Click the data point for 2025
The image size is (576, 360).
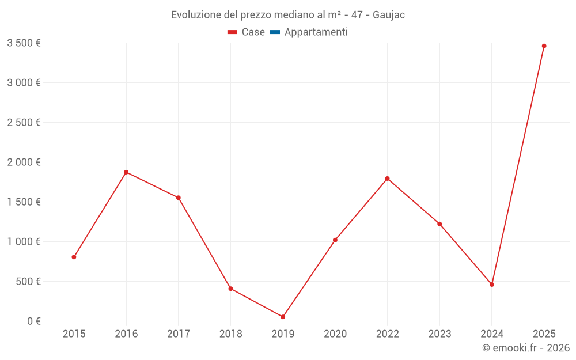click(x=544, y=46)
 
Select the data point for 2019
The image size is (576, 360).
click(x=283, y=317)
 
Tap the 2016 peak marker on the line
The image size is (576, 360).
click(x=126, y=172)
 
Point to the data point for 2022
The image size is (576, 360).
click(x=387, y=179)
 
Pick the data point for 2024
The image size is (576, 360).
click(x=492, y=285)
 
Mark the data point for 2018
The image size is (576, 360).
click(x=230, y=289)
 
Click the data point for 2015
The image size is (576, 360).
click(x=74, y=257)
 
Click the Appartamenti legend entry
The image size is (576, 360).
click(x=316, y=32)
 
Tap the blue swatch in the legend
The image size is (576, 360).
click(x=275, y=32)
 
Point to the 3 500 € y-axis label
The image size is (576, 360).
click(x=24, y=43)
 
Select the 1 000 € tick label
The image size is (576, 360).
click(x=24, y=242)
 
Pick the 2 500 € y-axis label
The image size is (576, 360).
click(x=24, y=123)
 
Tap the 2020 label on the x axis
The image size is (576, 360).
click(x=335, y=334)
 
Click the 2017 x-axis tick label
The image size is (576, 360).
click(x=179, y=334)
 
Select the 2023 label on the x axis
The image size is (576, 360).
click(x=439, y=334)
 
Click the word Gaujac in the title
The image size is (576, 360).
click(x=389, y=15)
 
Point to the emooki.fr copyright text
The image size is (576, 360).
click(x=526, y=348)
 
